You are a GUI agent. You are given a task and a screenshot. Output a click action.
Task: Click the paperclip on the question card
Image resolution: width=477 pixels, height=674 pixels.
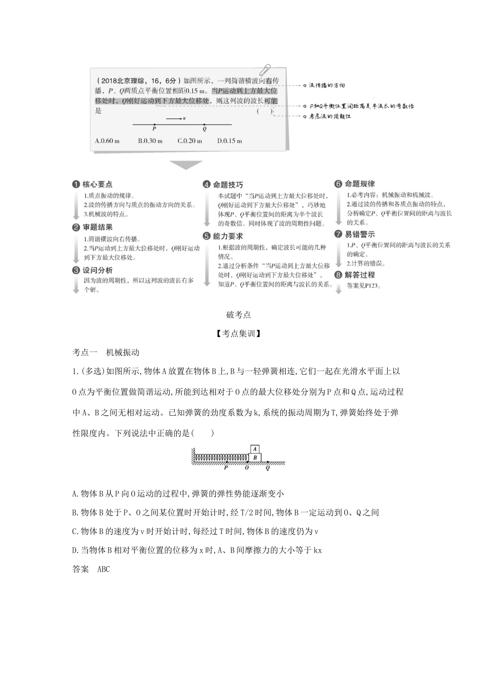tap(267, 71)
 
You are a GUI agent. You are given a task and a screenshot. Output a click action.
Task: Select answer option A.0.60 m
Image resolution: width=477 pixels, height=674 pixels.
tap(107, 141)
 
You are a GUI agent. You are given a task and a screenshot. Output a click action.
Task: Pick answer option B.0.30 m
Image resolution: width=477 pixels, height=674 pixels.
tap(150, 141)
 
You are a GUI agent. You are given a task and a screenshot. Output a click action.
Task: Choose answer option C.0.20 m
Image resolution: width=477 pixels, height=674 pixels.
tap(190, 141)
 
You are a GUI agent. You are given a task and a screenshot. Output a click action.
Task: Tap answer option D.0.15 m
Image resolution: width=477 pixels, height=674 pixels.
tap(230, 141)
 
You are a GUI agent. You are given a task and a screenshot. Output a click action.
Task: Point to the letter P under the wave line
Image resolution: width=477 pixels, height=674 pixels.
tap(154, 129)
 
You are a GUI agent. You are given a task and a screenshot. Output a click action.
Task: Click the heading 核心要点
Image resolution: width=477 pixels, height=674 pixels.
tap(97, 184)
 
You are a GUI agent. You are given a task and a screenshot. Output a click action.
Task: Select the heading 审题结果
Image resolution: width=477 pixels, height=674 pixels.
tap(97, 227)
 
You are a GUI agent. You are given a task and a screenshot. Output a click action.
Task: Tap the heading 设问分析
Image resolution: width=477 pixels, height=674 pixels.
tap(97, 270)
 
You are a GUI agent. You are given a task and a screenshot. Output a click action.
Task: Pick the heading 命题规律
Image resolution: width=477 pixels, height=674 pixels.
tap(360, 184)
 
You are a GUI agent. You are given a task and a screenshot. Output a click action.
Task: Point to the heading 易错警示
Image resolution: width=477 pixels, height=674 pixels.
tap(360, 234)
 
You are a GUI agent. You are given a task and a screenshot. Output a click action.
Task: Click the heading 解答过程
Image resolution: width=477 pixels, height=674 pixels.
tap(360, 275)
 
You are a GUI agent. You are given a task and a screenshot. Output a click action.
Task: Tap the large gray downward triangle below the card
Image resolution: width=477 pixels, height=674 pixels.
tap(186, 164)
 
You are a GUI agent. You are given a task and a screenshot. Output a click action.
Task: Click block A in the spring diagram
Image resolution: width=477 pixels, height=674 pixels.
tap(255, 449)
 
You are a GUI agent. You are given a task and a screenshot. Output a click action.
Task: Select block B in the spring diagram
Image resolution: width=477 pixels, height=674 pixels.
tap(255, 457)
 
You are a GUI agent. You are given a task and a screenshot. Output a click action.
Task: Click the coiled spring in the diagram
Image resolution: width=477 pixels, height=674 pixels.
tap(221, 457)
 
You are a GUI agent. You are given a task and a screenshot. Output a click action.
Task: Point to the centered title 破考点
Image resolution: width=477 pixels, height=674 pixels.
tap(238, 315)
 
